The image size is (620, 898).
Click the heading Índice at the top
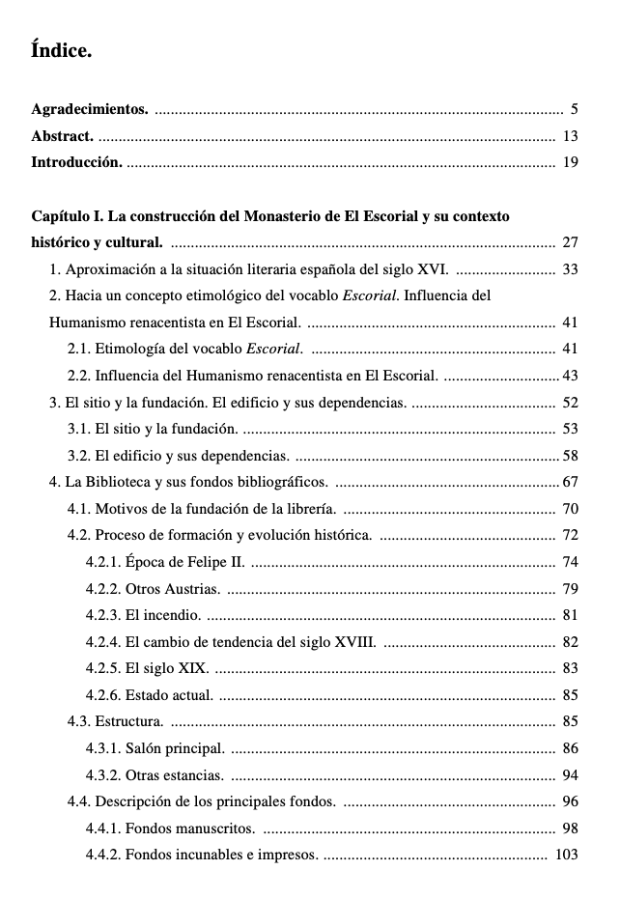61,51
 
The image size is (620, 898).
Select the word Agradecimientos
90,109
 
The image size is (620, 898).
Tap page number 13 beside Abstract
570,136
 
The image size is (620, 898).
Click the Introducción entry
76,162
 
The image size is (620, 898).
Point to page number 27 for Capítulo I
570,242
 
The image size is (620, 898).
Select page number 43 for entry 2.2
570,375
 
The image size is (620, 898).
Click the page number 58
570,455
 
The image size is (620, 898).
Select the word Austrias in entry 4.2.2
192,589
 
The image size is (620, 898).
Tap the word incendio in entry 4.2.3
174,615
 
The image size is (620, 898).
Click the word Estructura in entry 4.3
129,721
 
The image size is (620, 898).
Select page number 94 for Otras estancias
570,774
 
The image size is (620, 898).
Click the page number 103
567,855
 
